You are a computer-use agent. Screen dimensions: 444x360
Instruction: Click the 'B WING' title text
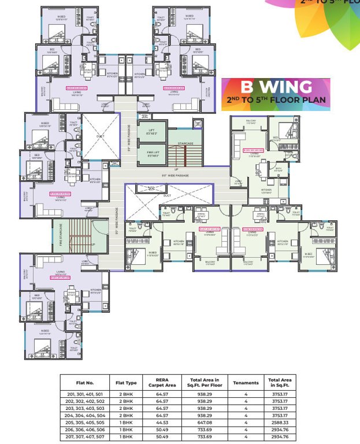click(x=276, y=87)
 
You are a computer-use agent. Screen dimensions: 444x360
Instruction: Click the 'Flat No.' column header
click(x=84, y=383)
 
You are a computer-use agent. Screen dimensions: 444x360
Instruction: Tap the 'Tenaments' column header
click(x=246, y=383)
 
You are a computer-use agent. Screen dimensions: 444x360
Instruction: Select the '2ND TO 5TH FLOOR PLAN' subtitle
click(x=276, y=100)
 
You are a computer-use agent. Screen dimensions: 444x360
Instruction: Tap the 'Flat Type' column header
click(x=125, y=383)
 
